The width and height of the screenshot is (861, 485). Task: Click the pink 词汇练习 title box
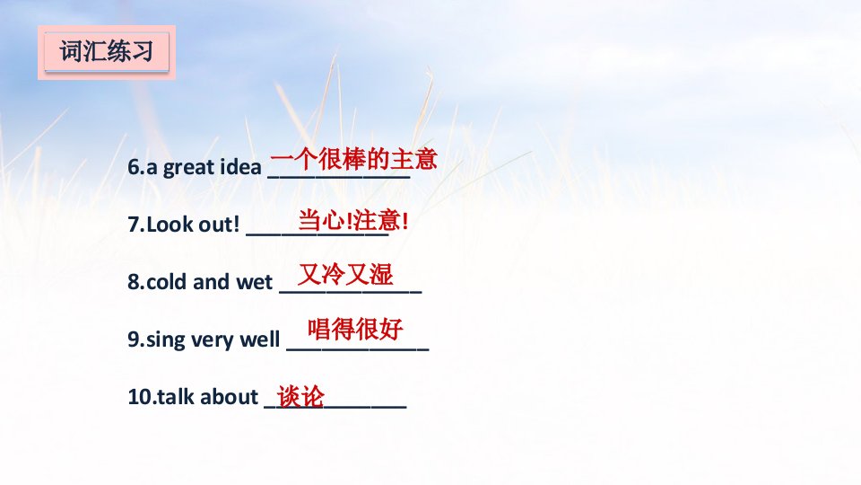tap(107, 52)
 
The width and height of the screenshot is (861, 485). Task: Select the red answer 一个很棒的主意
tap(353, 160)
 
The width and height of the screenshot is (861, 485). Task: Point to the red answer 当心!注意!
tap(353, 221)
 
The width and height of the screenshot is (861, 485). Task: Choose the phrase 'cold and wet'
tap(209, 281)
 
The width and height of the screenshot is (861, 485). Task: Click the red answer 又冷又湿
tap(345, 274)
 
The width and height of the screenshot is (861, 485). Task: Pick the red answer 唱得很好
tap(355, 329)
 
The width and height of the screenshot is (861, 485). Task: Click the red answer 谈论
tap(301, 396)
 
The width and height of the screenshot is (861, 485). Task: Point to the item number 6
tap(134, 167)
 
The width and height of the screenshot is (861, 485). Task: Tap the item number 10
tap(140, 396)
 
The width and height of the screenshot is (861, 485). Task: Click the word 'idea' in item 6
tap(240, 167)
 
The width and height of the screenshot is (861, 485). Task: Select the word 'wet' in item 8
tap(254, 282)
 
